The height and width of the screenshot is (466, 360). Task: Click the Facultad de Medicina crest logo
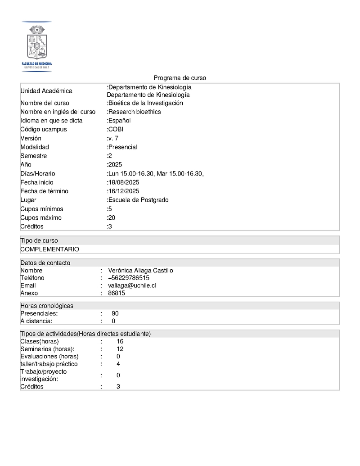[37, 46]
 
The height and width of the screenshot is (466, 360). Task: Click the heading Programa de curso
[180, 78]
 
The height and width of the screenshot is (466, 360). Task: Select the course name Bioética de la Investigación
[145, 103]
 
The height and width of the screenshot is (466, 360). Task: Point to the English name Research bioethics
[135, 112]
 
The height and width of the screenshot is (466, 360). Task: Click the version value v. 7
[113, 138]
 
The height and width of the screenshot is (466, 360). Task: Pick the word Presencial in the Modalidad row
[122, 147]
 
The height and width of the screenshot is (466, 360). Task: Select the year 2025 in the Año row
[115, 164]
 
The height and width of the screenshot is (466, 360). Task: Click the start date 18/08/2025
[124, 182]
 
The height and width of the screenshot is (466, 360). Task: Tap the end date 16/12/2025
[124, 191]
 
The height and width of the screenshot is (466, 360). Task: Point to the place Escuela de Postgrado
[138, 200]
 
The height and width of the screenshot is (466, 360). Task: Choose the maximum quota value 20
[112, 217]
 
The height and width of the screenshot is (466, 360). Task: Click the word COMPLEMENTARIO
[49, 249]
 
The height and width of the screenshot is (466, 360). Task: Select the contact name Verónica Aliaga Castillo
[140, 271]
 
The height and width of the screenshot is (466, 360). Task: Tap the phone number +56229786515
[129, 278]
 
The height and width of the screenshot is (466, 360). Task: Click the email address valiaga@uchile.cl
[132, 285]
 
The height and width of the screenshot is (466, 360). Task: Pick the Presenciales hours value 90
[115, 313]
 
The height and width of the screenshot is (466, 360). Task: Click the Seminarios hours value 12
[120, 349]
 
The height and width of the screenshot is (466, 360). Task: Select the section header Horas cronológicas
[47, 306]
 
